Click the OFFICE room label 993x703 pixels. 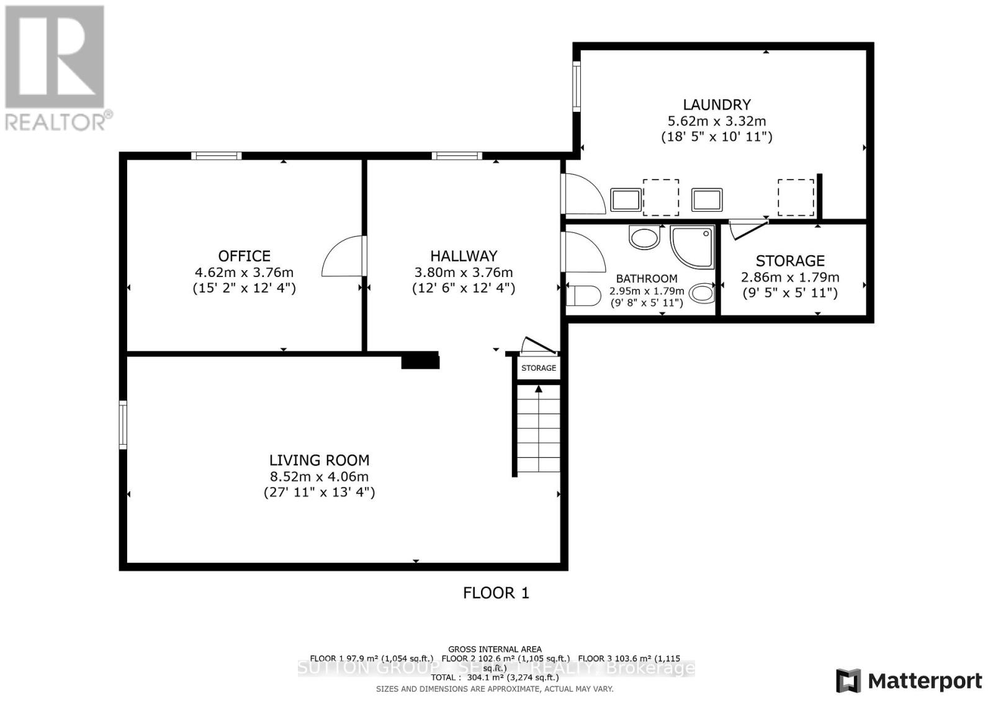pyautogui.click(x=244, y=256)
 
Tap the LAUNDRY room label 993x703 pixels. pyautogui.click(x=717, y=105)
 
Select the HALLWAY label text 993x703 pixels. pyautogui.click(x=464, y=256)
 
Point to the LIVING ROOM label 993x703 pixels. pyautogui.click(x=319, y=460)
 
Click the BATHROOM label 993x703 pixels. pyautogui.click(x=646, y=279)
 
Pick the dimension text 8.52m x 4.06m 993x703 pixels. pyautogui.click(x=319, y=477)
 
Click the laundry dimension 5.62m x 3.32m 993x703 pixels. pyautogui.click(x=717, y=121)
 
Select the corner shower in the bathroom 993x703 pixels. pyautogui.click(x=692, y=247)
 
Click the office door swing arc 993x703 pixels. pyautogui.click(x=342, y=256)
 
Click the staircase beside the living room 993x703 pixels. pyautogui.click(x=539, y=429)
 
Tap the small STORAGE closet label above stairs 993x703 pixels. pyautogui.click(x=539, y=368)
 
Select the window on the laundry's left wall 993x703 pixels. pyautogui.click(x=577, y=87)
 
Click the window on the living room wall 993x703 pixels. pyautogui.click(x=123, y=425)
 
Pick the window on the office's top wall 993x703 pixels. pyautogui.click(x=216, y=156)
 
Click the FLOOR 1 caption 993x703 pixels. pyautogui.click(x=496, y=593)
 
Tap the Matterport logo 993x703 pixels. pyautogui.click(x=909, y=681)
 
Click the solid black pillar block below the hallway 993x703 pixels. pyautogui.click(x=420, y=361)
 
